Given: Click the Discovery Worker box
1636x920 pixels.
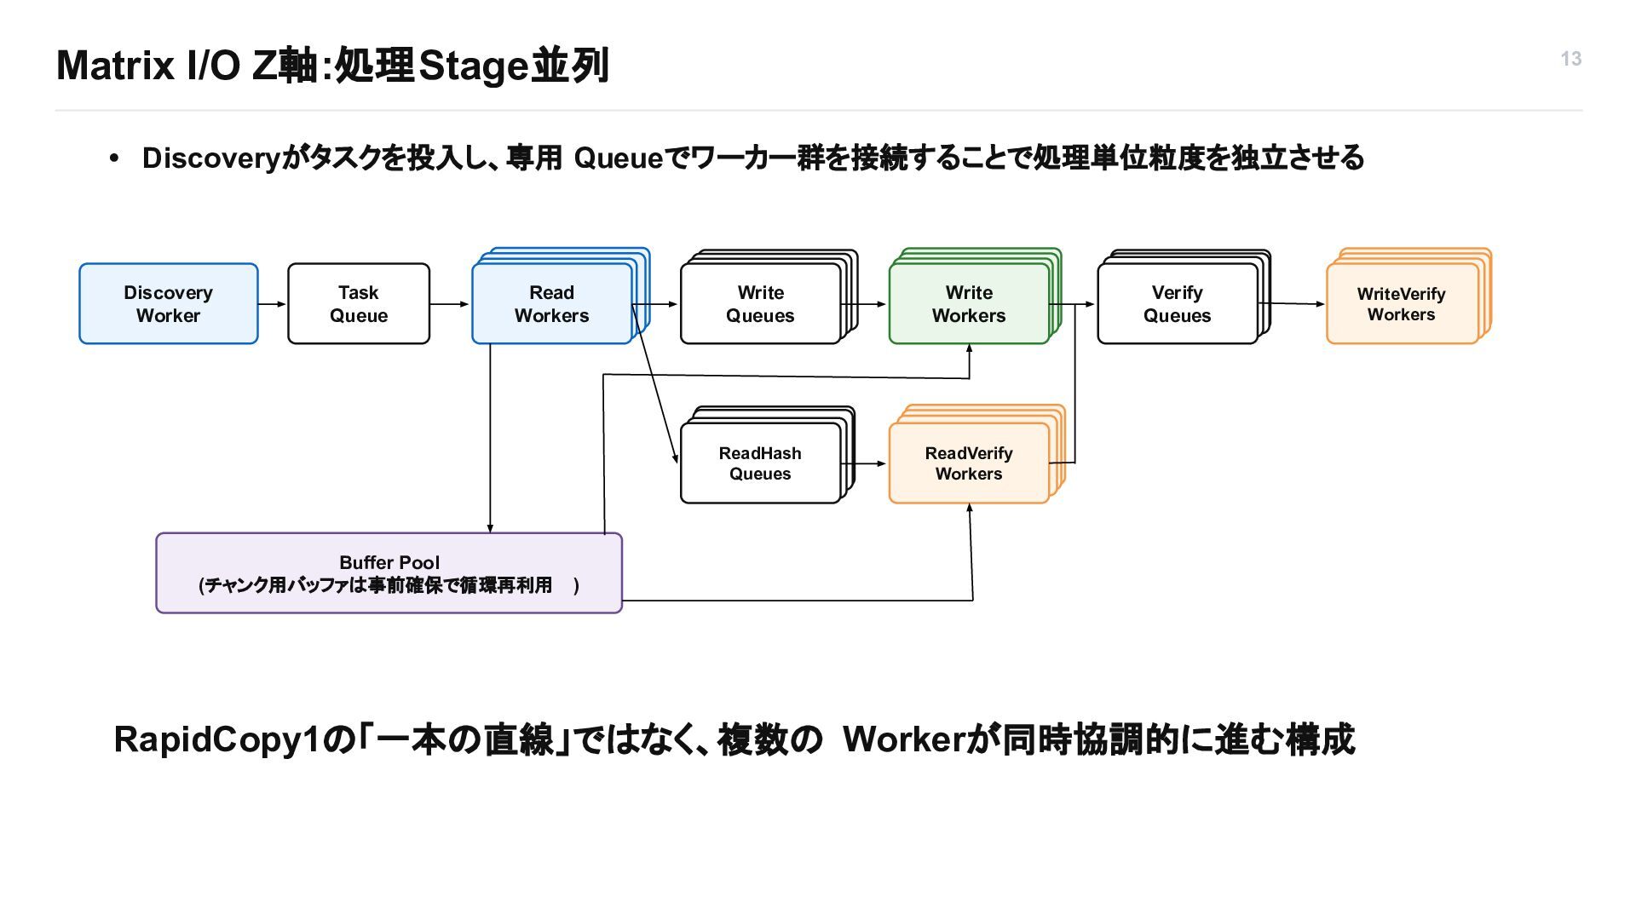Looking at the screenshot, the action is click(169, 303).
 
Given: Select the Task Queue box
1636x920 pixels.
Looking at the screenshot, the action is click(359, 303).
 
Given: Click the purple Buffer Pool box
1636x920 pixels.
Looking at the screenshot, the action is click(389, 572).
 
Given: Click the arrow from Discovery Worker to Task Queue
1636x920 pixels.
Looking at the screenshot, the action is click(273, 304).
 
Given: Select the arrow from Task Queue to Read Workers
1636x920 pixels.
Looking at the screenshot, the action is click(450, 304).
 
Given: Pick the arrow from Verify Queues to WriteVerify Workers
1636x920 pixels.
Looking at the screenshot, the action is click(1292, 303).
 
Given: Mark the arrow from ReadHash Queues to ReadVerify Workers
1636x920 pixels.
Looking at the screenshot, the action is click(864, 464).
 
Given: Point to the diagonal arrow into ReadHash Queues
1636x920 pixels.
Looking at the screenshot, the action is click(655, 384).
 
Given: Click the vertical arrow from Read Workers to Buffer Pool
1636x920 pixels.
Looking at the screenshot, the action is click(490, 439).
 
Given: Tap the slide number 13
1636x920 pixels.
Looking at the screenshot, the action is click(1571, 59).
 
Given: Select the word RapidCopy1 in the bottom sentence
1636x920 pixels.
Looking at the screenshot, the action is click(218, 739).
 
